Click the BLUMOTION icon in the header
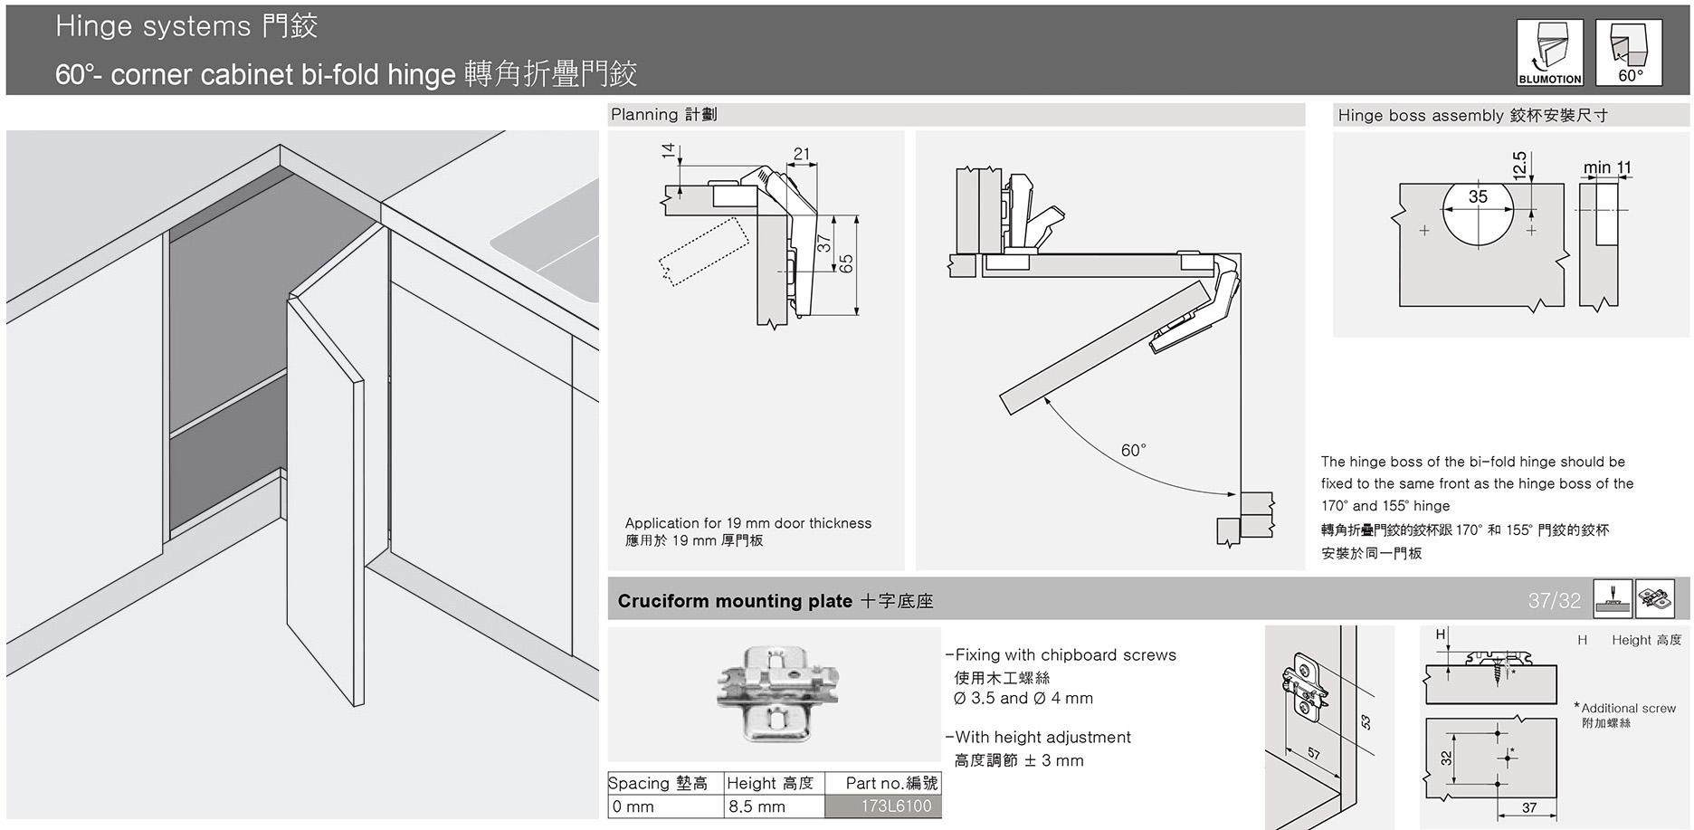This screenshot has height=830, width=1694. point(1550,52)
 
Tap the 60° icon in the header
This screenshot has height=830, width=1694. point(1629,52)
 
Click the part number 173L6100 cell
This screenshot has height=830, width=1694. point(883,806)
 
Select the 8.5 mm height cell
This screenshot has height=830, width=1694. point(775,806)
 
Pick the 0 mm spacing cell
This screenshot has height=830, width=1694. point(666,806)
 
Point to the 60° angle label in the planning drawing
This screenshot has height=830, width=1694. point(1133,450)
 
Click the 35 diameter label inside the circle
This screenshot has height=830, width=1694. point(1478,196)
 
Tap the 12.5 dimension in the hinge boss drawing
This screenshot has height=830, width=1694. point(1520,164)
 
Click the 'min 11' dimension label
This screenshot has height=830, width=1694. point(1607,167)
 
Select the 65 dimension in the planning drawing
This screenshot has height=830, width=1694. point(846,263)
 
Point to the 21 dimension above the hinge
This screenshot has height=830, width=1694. point(802,154)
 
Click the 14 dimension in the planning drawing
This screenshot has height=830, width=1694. point(669,151)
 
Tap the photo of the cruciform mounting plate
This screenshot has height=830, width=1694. point(777,693)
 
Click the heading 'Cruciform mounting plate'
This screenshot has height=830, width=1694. point(735,601)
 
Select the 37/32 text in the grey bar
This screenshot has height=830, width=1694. point(1554,600)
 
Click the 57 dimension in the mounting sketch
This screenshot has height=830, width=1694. point(1313,754)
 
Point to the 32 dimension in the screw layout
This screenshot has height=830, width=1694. point(1446,758)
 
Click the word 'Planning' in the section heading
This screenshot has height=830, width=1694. point(644,115)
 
